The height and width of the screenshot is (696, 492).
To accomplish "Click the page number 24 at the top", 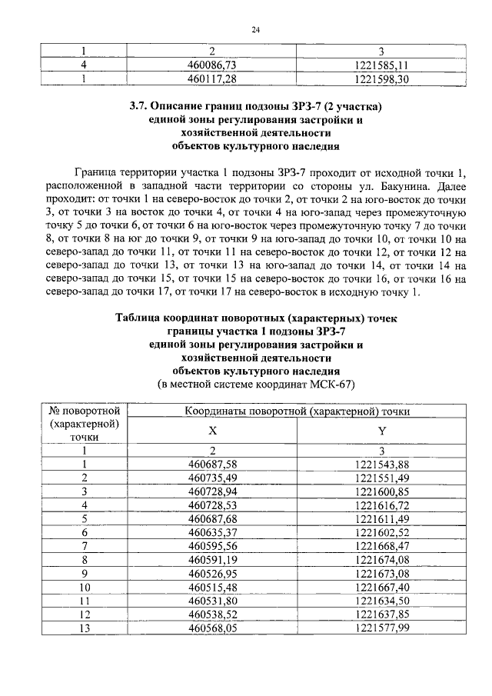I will click(256, 30).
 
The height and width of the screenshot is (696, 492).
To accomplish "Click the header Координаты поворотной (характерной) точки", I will click(296, 411).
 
